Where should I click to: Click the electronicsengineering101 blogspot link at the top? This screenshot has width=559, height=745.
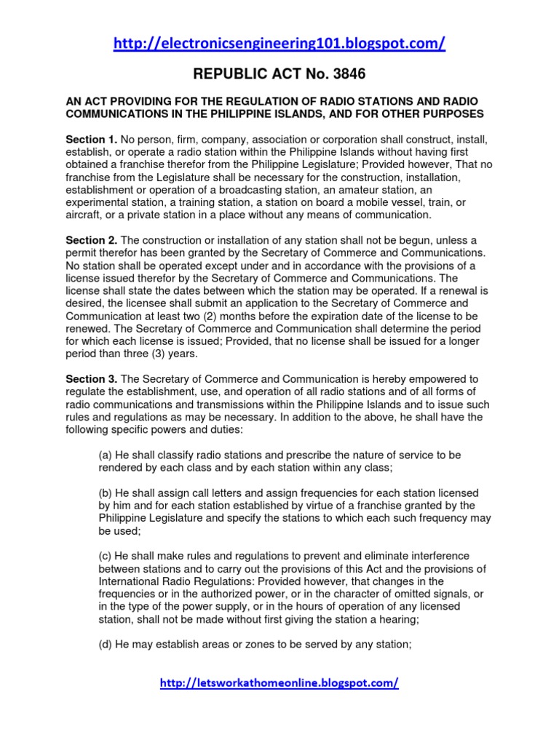pyautogui.click(x=279, y=44)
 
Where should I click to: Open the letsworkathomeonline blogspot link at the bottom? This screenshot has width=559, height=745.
pyautogui.click(x=279, y=683)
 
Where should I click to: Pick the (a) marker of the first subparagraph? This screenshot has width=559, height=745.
pyautogui.click(x=106, y=455)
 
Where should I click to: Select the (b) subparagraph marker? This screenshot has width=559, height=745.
pyautogui.click(x=106, y=493)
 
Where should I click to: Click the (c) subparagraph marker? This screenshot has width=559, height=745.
pyautogui.click(x=106, y=556)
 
